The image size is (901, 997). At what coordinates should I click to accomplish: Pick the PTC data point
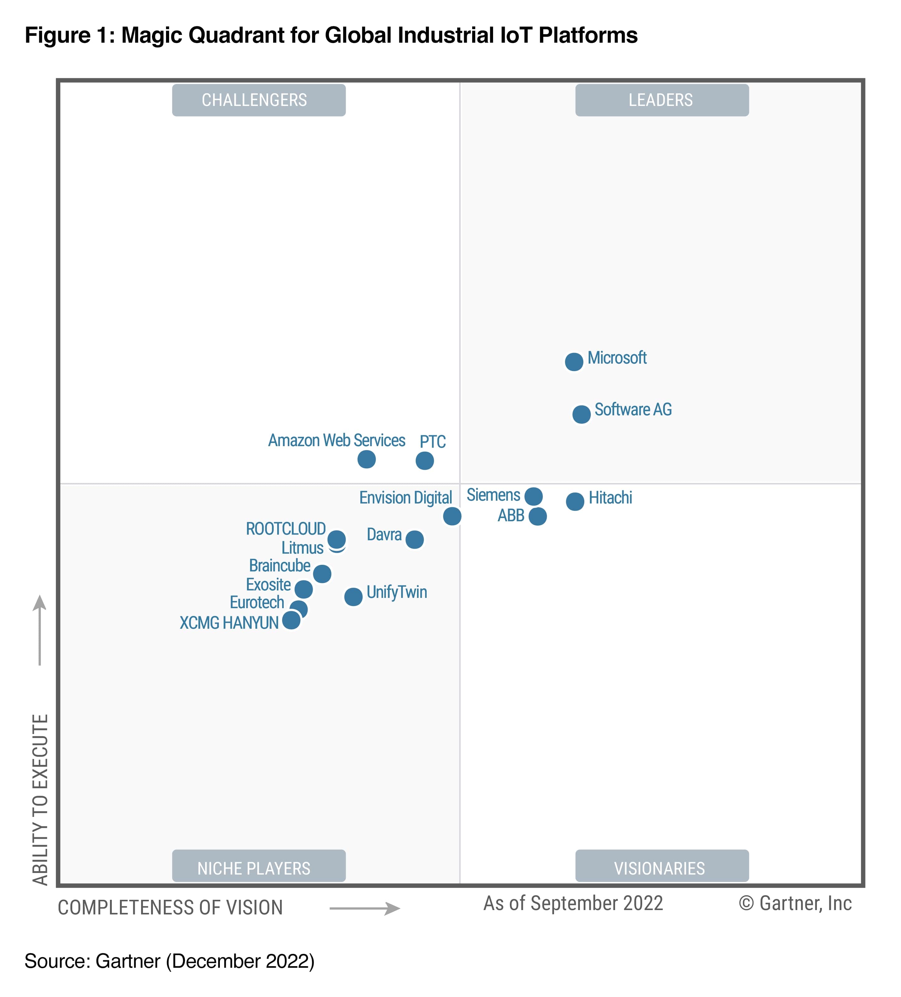(424, 461)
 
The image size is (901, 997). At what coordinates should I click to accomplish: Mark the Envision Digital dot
(452, 516)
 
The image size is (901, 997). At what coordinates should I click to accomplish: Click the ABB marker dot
(538, 516)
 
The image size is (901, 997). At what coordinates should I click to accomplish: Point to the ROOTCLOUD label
(286, 529)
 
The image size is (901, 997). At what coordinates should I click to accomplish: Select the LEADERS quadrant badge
(661, 100)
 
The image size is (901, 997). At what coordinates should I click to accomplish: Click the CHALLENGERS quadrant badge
(258, 100)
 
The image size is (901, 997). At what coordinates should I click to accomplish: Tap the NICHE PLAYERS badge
(258, 868)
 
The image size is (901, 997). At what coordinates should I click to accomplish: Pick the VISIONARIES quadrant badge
(661, 868)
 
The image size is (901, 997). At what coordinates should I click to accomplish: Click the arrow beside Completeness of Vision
(365, 908)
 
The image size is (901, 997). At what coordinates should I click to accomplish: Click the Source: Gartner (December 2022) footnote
(169, 961)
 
